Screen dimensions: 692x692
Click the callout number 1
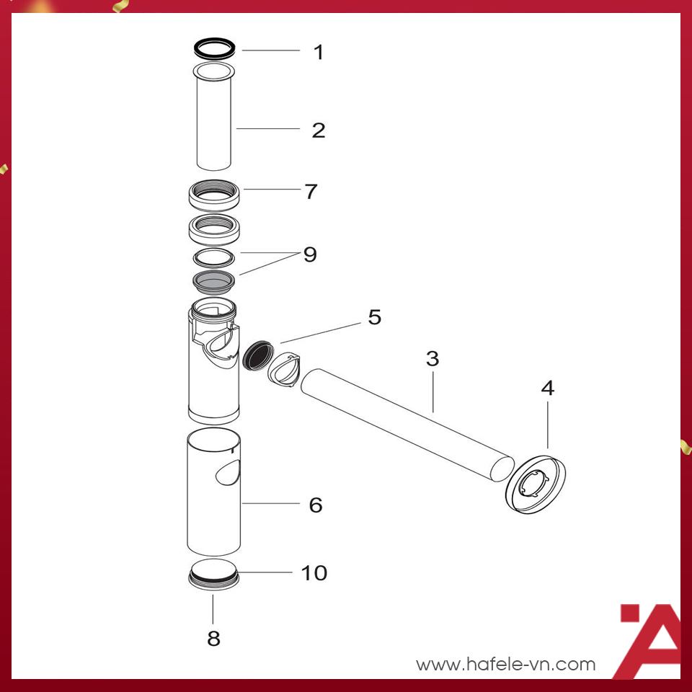pos(318,52)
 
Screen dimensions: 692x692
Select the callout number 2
pos(318,130)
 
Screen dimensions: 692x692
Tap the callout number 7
pos(311,192)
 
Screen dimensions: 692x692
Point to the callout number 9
pos(310,254)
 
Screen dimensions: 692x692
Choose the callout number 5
pos(375,317)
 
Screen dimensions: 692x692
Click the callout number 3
pos(432,358)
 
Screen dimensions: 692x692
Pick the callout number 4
pos(548,388)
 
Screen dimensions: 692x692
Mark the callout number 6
pos(316,505)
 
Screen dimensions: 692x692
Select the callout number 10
pos(314,573)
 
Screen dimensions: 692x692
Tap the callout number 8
pos(213,638)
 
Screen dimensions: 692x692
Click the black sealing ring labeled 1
pos(216,49)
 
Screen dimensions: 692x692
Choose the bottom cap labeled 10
pos(213,575)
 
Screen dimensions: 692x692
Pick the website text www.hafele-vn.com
pos(506,664)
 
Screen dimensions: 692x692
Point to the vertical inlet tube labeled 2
pos(215,119)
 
